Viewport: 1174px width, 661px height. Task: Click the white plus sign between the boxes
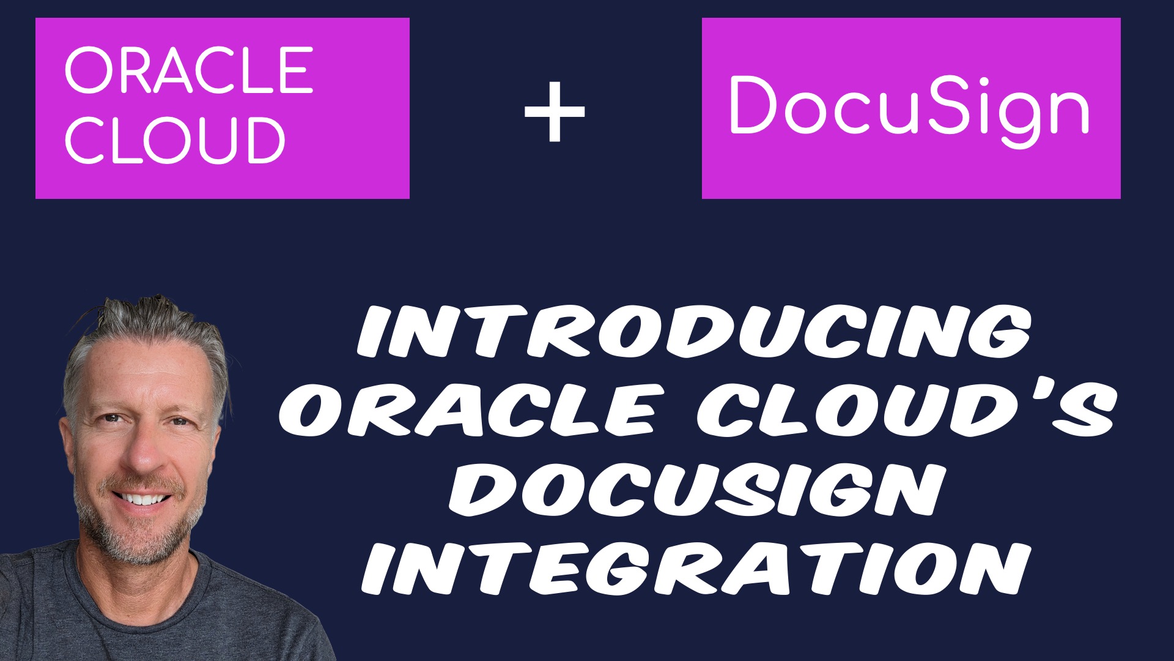555,112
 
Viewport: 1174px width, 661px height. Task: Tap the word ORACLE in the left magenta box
189,70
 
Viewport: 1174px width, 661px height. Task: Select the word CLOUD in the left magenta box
175,140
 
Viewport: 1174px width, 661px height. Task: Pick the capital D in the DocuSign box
755,104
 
